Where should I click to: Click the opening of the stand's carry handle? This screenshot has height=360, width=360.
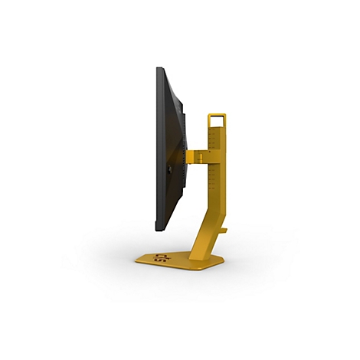click(x=217, y=120)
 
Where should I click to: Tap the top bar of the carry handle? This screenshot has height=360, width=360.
click(x=217, y=114)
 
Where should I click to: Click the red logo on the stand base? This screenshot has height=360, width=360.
click(x=159, y=257)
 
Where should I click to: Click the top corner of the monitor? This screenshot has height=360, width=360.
click(x=159, y=69)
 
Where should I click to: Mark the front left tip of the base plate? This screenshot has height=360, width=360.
click(x=138, y=261)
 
